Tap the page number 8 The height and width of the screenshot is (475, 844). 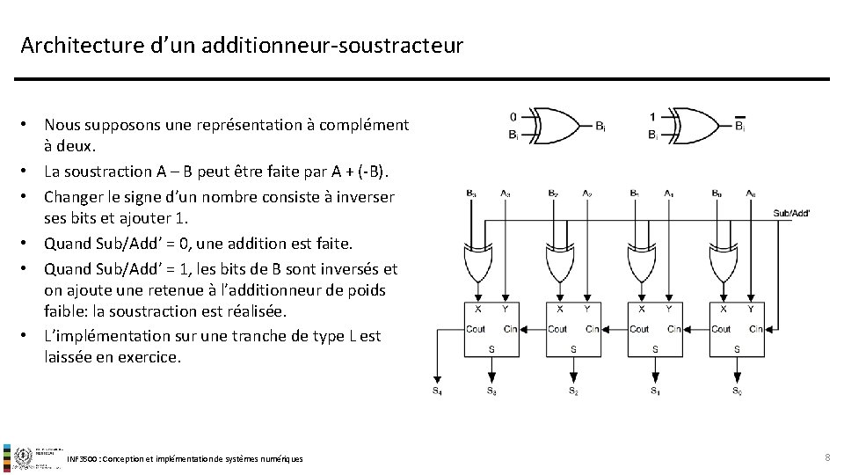point(826,457)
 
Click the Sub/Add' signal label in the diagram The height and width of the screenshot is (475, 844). point(791,213)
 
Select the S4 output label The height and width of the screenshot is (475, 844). point(437,390)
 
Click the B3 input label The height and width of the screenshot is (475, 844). point(471,193)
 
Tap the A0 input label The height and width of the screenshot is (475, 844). point(750,193)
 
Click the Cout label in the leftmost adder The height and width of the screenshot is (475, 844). point(476,329)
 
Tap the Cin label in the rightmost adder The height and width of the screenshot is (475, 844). point(754,329)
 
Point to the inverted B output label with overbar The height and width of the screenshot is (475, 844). point(739,126)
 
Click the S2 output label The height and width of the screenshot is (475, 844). point(572,390)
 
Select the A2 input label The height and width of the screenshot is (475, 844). point(586,193)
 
